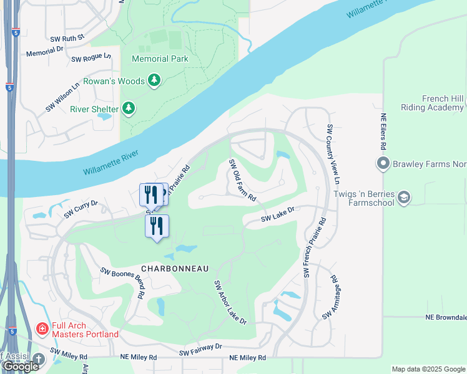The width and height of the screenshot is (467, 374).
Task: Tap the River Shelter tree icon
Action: coord(129,109)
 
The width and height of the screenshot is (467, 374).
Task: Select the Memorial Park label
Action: coord(160,59)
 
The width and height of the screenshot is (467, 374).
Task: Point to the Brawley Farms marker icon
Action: coord(383,165)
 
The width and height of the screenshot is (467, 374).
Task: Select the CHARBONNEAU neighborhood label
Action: coord(174,268)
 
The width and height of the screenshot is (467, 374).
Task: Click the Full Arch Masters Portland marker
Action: coord(42,328)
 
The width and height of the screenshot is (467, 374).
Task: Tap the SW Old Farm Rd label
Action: coord(243,181)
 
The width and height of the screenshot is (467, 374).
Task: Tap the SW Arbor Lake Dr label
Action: coord(230,302)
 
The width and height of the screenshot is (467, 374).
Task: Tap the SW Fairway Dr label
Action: coord(200,350)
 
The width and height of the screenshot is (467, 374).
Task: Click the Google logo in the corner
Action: coord(21,367)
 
